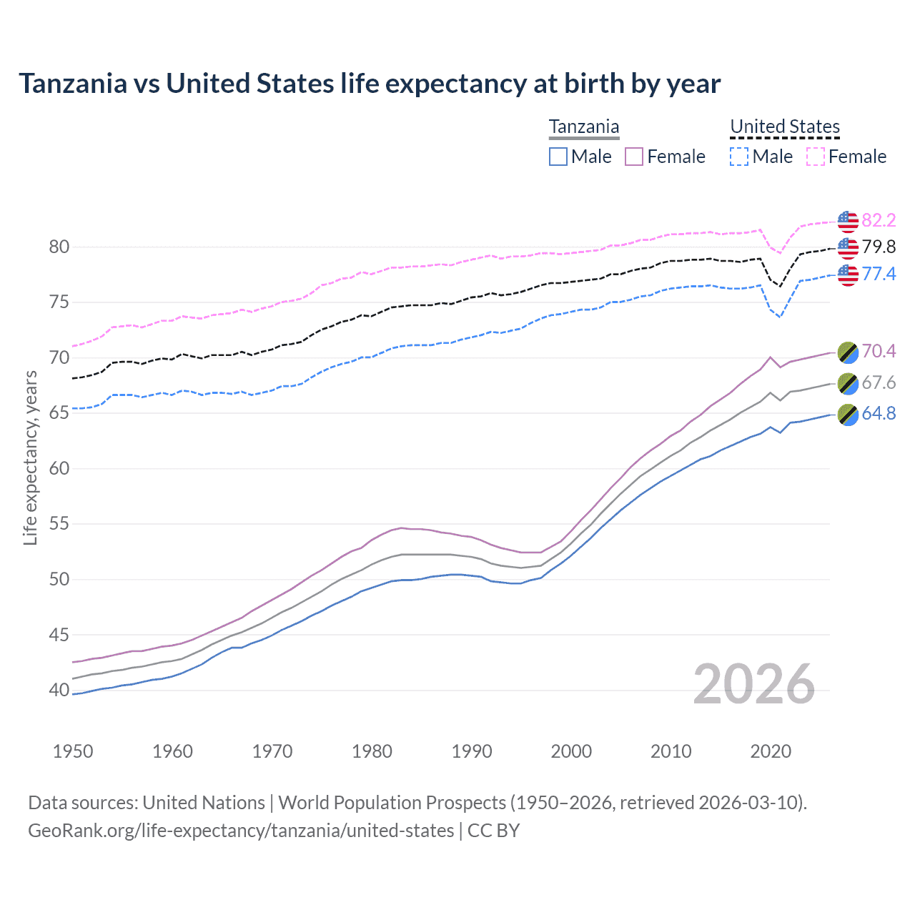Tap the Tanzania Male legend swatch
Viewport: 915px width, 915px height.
[x=558, y=157]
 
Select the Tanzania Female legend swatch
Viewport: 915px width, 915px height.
[x=634, y=157]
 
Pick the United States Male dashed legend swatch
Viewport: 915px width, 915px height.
[x=739, y=157]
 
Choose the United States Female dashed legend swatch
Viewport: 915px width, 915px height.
[x=816, y=157]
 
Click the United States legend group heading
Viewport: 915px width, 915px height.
[x=784, y=127]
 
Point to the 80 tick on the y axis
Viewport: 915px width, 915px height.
[x=59, y=247]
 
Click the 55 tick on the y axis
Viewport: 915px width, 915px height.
[x=59, y=524]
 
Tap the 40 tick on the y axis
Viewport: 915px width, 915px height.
[x=59, y=691]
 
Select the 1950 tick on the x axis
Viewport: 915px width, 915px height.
[x=73, y=751]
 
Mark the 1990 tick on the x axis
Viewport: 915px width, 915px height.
[x=472, y=751]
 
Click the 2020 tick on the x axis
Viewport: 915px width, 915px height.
[x=771, y=751]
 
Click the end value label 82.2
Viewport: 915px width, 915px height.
[x=879, y=220]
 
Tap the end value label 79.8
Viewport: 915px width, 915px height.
[x=879, y=247]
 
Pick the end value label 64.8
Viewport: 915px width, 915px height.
[x=879, y=414]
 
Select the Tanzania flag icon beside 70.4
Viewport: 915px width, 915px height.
[x=848, y=352]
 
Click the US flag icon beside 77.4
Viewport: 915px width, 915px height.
[x=848, y=274]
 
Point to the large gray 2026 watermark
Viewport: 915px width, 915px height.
[x=754, y=684]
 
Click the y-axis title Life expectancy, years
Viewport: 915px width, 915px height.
[x=30, y=457]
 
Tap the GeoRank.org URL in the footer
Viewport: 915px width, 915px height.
[x=241, y=831]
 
